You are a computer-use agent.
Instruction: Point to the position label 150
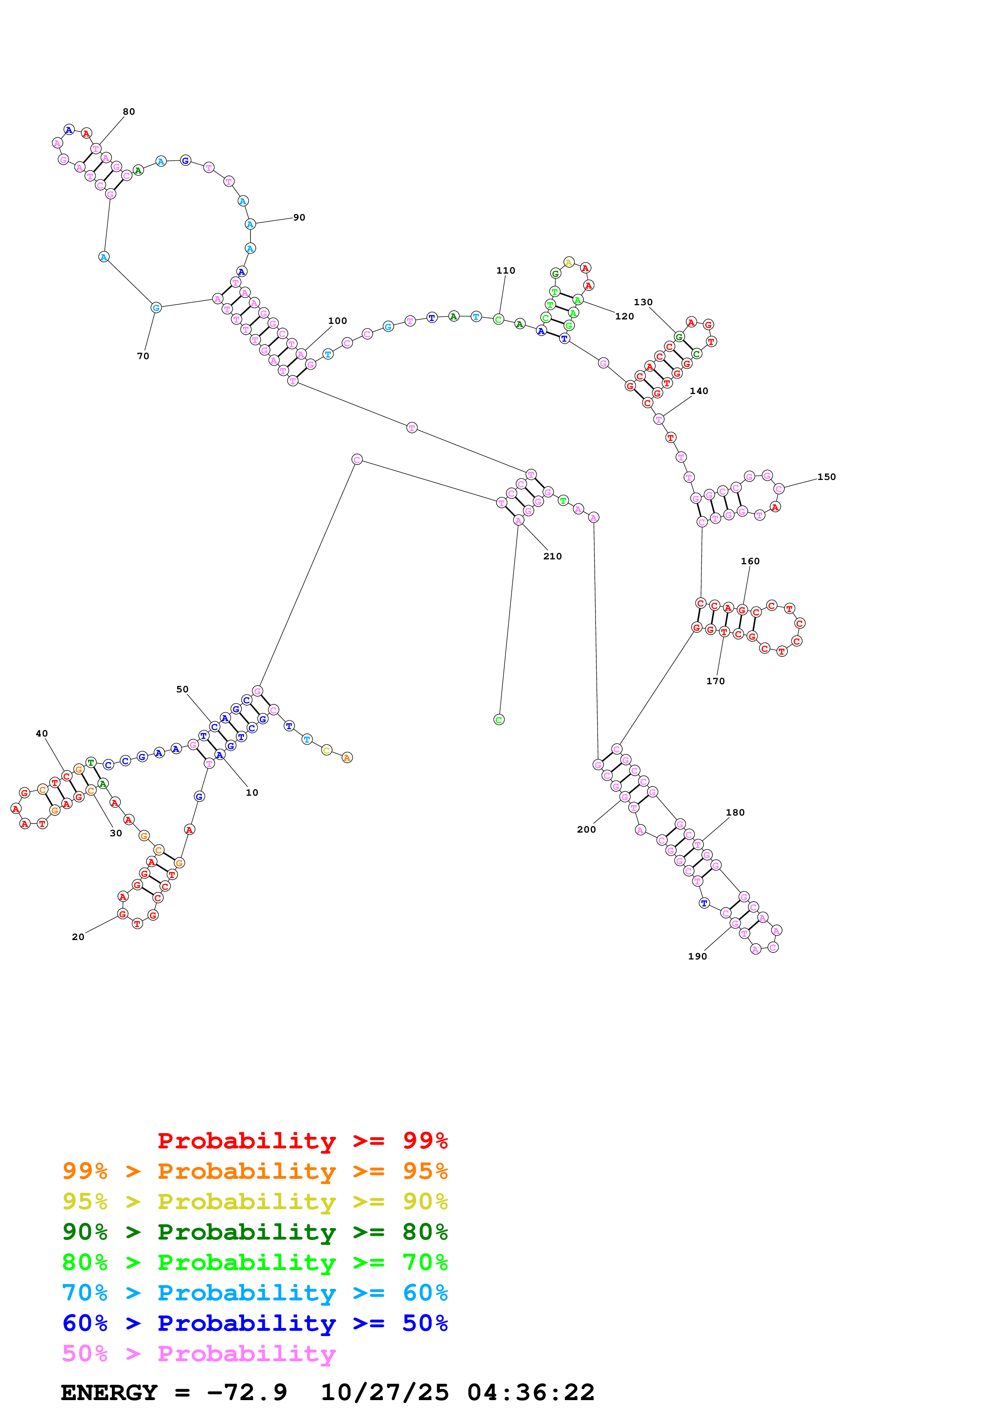826,477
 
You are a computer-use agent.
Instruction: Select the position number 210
552,556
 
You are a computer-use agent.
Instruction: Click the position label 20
78,937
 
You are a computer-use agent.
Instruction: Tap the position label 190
697,956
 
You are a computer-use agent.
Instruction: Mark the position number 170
715,681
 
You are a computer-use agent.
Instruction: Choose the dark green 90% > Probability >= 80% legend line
255,1232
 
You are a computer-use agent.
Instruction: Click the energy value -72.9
247,1393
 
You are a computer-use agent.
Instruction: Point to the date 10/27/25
385,1393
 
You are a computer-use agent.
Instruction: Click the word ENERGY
109,1393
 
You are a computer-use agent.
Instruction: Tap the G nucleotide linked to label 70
156,307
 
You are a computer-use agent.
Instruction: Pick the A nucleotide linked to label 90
250,224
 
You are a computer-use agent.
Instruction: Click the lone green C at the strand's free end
499,720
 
